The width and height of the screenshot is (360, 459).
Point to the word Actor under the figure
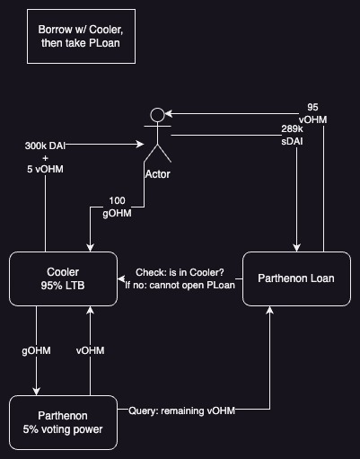[x=158, y=174]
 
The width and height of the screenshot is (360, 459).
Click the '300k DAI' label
[x=45, y=146]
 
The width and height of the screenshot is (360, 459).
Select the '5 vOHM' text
[x=45, y=169]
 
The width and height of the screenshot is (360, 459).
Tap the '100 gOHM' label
[x=117, y=207]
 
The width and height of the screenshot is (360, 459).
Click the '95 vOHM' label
[x=312, y=113]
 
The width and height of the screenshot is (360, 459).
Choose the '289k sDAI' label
[x=292, y=135]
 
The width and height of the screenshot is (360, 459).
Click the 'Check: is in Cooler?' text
[x=180, y=272]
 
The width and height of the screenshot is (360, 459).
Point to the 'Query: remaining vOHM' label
[x=182, y=410]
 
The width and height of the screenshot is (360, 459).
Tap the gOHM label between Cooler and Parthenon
[x=36, y=350]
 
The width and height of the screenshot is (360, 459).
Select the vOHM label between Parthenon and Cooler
[x=90, y=350]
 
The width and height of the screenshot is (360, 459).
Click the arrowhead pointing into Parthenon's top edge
[x=36, y=392]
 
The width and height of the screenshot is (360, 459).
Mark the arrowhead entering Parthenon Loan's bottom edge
[x=269, y=310]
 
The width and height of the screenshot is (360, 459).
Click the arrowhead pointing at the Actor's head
[x=169, y=114]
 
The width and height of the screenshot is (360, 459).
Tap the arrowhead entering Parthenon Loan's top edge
[x=296, y=248]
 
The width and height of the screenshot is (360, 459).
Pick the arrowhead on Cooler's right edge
[x=121, y=278]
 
